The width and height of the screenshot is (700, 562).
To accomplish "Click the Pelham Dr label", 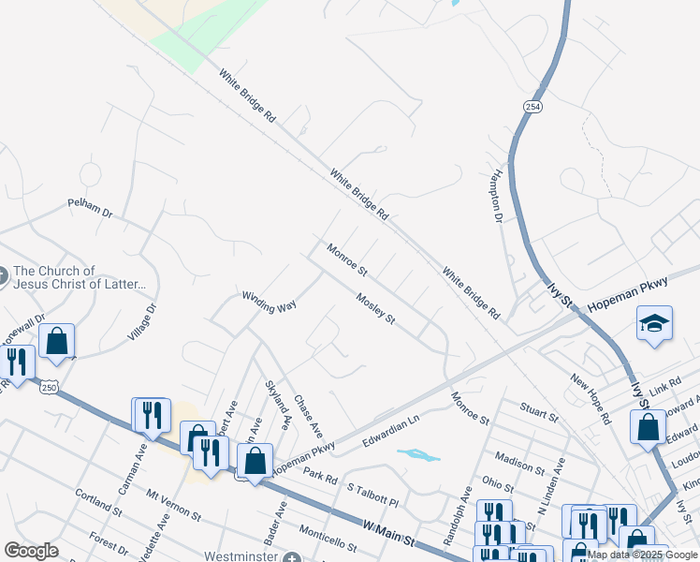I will click(90, 208).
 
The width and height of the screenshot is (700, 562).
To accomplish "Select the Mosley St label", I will click(376, 310).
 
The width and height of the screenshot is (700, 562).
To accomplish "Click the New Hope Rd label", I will click(591, 400).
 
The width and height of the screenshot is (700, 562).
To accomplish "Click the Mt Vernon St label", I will click(173, 504).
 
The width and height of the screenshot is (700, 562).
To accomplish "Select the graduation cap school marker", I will click(653, 324).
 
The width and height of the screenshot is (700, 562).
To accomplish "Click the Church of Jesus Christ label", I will click(80, 277).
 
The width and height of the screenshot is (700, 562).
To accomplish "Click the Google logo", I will click(32, 551).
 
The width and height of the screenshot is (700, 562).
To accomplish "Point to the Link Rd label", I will click(665, 387).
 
